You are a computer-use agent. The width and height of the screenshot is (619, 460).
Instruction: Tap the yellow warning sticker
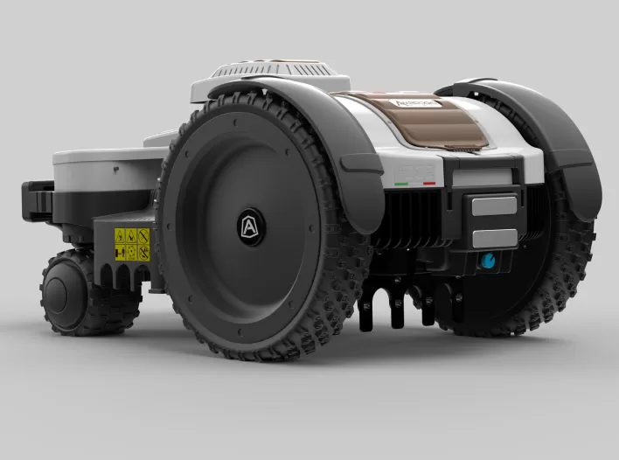tap(131, 244)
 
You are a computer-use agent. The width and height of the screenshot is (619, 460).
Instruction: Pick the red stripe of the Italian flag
tap(429, 184)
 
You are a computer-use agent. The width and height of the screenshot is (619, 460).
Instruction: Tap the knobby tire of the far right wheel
tap(568, 262)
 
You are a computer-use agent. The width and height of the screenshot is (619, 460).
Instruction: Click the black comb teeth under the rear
tap(393, 306)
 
